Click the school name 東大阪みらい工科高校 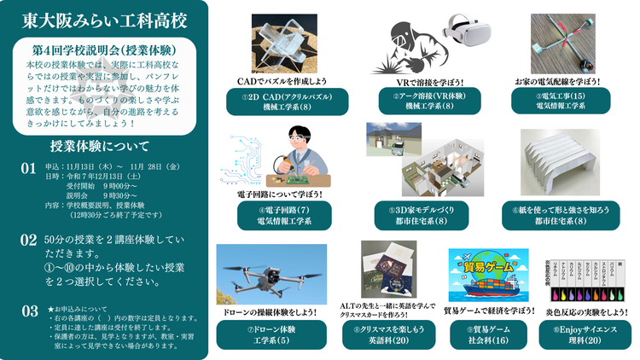pos(105,20)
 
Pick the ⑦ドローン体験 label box pos(270,334)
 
